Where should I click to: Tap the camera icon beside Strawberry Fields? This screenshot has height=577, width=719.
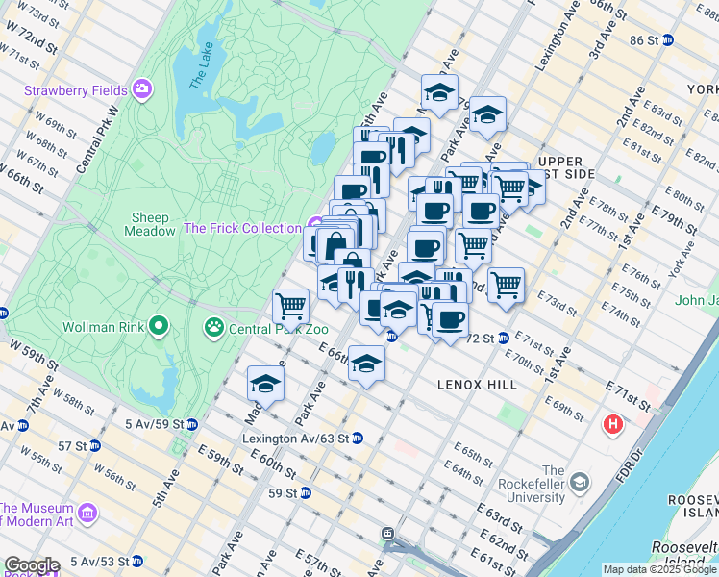click(143, 89)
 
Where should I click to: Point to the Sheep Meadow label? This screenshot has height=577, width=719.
click(150, 224)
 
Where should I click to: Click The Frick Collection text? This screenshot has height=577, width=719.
click(242, 228)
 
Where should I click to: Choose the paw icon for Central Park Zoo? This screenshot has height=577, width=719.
click(213, 327)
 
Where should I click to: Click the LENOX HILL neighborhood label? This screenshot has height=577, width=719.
click(477, 385)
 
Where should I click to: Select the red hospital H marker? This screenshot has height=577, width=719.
click(611, 423)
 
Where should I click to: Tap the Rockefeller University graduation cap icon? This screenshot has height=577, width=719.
click(579, 480)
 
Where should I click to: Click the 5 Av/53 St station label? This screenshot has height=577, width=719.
click(92, 561)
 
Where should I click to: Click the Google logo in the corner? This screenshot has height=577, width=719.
click(31, 565)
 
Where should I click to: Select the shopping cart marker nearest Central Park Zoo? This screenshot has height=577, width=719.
click(290, 306)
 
